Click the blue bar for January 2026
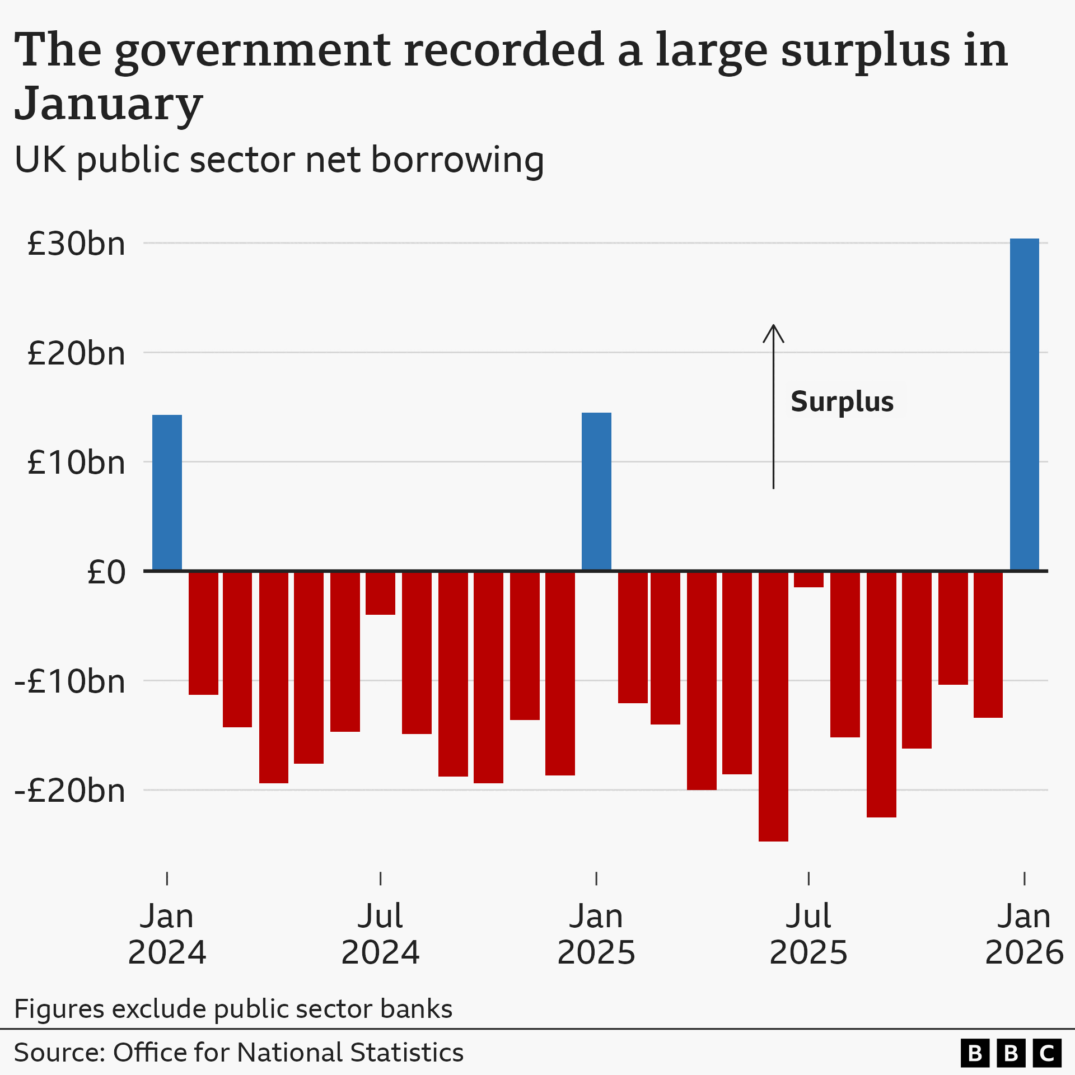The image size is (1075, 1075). pyautogui.click(x=1024, y=404)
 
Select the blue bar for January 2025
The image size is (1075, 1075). pyautogui.click(x=596, y=492)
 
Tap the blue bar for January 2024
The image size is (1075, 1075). pyautogui.click(x=167, y=493)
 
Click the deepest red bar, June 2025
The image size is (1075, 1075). pyautogui.click(x=773, y=705)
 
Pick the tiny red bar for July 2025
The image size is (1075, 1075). pyautogui.click(x=808, y=579)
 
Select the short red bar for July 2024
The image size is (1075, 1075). pyautogui.click(x=380, y=593)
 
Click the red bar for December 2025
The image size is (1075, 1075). pyautogui.click(x=988, y=644)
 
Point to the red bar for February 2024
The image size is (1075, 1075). pyautogui.click(x=203, y=633)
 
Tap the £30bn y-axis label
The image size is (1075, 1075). pyautogui.click(x=76, y=244)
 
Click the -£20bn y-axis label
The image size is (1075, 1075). pyautogui.click(x=70, y=791)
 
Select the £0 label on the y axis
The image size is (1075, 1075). pyautogui.click(x=106, y=572)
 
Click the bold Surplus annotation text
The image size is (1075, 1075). pyautogui.click(x=842, y=401)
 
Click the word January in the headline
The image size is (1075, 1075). pyautogui.click(x=108, y=104)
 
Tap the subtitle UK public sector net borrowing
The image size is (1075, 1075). pyautogui.click(x=279, y=160)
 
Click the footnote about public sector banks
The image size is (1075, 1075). pyautogui.click(x=233, y=1009)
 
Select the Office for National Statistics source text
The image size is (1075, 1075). pyautogui.click(x=239, y=1053)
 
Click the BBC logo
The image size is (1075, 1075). pyautogui.click(x=1011, y=1053)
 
